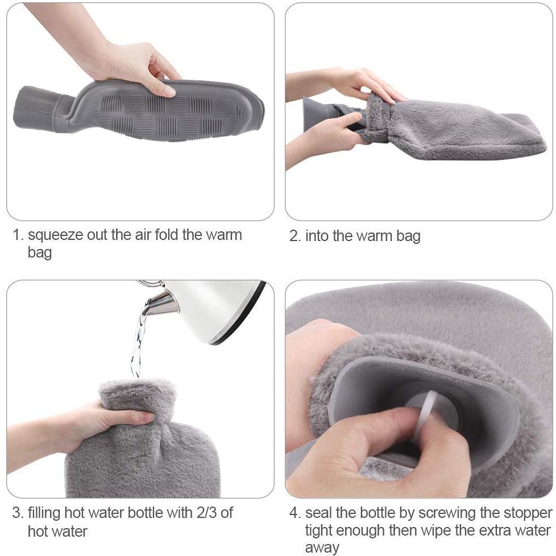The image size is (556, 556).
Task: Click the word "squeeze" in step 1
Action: tap(55, 235)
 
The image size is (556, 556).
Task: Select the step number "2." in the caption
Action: tap(295, 236)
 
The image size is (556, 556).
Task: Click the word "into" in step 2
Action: tap(317, 236)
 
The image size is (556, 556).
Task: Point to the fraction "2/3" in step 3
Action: tap(206, 513)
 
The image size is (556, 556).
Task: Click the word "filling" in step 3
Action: tap(44, 513)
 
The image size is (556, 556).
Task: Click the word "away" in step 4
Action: tap(322, 548)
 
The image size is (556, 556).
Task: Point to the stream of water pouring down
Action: tap(138, 341)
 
